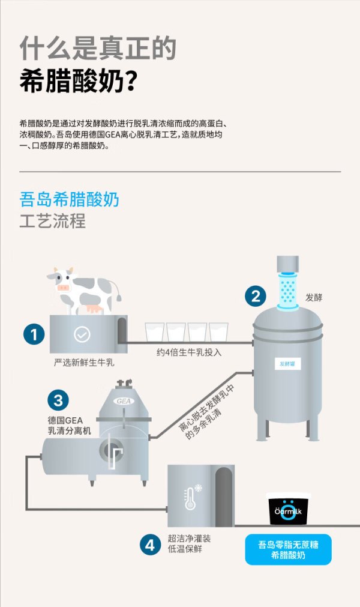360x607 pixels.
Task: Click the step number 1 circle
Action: pyautogui.click(x=34, y=334)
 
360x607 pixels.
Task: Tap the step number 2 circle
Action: pyautogui.click(x=256, y=296)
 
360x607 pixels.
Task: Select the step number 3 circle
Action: pyautogui.click(x=58, y=400)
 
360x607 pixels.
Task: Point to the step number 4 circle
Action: pyautogui.click(x=150, y=545)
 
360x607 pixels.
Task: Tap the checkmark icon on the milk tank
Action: pyautogui.click(x=82, y=334)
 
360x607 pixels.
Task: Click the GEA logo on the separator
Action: pyautogui.click(x=124, y=401)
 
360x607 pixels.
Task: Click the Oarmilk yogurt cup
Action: pyautogui.click(x=288, y=509)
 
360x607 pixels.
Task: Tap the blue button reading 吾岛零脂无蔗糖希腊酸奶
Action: pyautogui.click(x=288, y=550)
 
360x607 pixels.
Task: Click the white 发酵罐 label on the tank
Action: pyautogui.click(x=287, y=364)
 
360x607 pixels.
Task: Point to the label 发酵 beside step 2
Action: pyautogui.click(x=314, y=297)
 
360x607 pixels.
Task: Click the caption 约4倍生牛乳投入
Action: pyautogui.click(x=189, y=352)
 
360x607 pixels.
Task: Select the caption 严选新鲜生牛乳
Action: pyautogui.click(x=84, y=363)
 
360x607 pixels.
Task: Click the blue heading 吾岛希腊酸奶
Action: pyautogui.click(x=69, y=200)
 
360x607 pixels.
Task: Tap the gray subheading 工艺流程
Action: pyautogui.click(x=53, y=221)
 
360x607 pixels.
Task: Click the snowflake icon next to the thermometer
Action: pyautogui.click(x=199, y=488)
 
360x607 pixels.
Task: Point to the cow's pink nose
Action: pyautogui.click(x=62, y=288)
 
